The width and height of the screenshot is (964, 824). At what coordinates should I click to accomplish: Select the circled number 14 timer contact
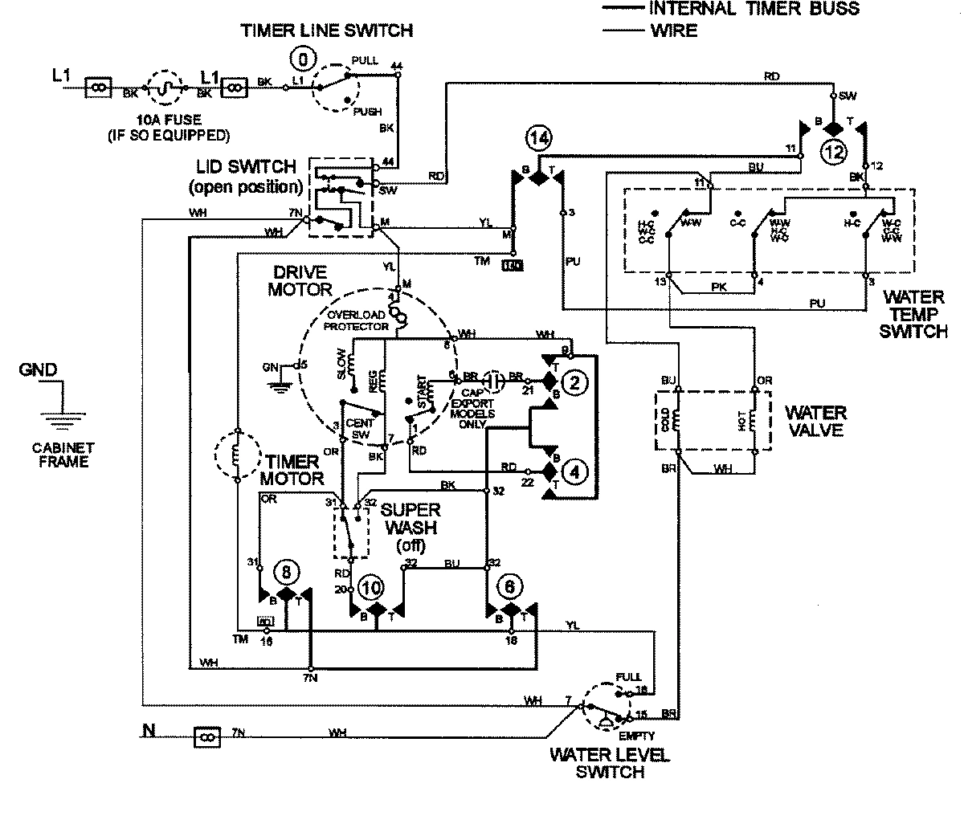(540, 139)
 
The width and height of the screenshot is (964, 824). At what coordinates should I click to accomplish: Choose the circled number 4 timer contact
(574, 471)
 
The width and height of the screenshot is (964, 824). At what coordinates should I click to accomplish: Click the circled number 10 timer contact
(371, 586)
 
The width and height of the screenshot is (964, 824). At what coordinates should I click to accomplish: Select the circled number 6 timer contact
(509, 587)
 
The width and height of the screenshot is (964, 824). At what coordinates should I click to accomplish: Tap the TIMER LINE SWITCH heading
(327, 31)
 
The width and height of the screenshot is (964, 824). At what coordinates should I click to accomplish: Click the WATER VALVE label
(815, 422)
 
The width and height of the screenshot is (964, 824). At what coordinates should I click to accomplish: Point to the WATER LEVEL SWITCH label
(609, 763)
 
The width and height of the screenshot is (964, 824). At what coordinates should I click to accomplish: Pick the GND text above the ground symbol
(39, 370)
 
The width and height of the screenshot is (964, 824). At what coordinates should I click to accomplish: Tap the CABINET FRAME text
(60, 455)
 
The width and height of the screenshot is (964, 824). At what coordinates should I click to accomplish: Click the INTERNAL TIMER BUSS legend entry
(753, 9)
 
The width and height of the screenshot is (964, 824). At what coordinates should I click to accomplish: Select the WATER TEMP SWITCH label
(913, 313)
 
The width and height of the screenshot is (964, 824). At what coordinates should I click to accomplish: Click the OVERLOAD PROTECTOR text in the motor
(357, 320)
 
